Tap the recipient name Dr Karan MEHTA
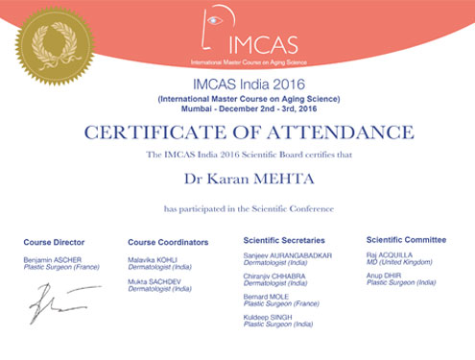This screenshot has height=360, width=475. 238,178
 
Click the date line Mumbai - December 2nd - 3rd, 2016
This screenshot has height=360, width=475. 238,109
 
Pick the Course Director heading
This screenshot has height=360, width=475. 55,241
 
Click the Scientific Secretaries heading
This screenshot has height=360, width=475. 285,240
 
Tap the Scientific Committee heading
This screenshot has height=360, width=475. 406,239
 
